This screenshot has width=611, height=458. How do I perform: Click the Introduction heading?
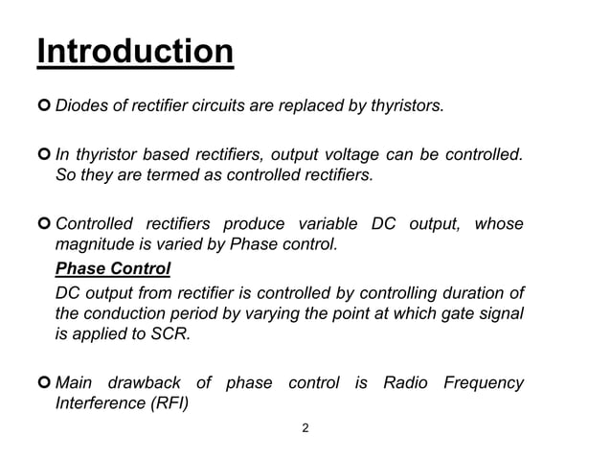point(135,52)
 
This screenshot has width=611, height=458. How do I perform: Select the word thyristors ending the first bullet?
point(405,104)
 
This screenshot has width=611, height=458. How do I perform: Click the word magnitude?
point(94,244)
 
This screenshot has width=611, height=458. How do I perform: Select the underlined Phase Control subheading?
point(113,266)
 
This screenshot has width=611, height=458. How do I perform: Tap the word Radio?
point(405,383)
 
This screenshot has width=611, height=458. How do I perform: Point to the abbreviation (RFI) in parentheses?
point(167,403)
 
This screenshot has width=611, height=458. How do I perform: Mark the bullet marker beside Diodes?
point(44,104)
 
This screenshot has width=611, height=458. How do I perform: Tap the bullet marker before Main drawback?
point(44,383)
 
